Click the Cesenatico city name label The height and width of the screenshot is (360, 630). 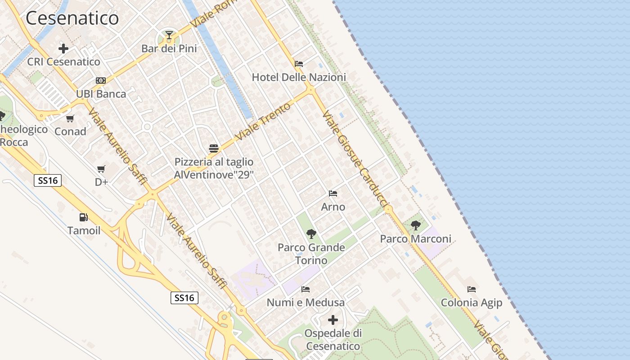[x=72, y=18]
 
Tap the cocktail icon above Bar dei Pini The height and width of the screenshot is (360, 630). [x=169, y=35]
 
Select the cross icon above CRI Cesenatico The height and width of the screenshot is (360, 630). [x=63, y=48]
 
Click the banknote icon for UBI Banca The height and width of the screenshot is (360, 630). [x=101, y=81]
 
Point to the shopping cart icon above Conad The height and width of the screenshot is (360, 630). [x=70, y=118]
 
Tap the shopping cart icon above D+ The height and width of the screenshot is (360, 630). [x=101, y=169]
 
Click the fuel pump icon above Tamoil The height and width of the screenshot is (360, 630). [x=84, y=217]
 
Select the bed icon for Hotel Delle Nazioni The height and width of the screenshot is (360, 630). [x=299, y=64]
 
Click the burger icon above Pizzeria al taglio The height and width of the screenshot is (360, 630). [x=214, y=148]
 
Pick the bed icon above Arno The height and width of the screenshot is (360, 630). [x=333, y=193]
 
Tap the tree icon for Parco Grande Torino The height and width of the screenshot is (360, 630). [x=311, y=234]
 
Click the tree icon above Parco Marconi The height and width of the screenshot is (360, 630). [x=416, y=225]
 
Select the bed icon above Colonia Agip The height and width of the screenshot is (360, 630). [x=472, y=289]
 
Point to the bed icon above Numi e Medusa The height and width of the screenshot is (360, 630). [x=306, y=289]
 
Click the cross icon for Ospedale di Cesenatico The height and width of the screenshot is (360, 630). [x=333, y=320]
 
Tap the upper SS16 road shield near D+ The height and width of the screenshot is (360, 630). [x=48, y=180]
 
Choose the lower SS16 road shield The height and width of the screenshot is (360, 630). [x=184, y=297]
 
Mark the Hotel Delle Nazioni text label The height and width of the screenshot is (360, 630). [x=299, y=77]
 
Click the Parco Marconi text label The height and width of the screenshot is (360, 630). [x=415, y=238]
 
